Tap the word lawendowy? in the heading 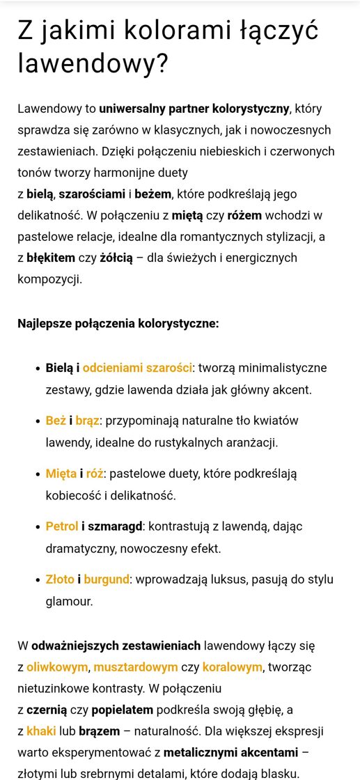pos(93,64)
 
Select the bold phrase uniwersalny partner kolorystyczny pos(194,109)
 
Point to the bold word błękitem pos(50,258)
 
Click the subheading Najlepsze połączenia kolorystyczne pos(118,323)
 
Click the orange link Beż pos(55,421)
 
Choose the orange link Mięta pos(61,474)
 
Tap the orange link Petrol pos(62,526)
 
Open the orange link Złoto pos(60,579)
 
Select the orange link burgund pos(107,579)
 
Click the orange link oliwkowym pos(57,667)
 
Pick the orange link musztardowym pos(136,667)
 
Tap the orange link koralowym pos(232,667)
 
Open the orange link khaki pos(41,731)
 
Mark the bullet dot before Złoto pos(37,579)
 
